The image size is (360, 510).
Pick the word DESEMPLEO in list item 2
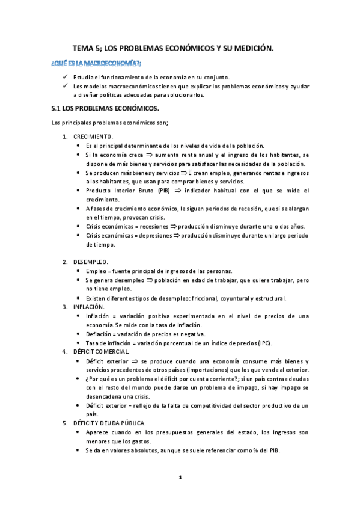91,262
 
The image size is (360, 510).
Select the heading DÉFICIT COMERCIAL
106,351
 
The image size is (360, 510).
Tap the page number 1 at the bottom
180,478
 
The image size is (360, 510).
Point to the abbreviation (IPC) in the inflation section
263,343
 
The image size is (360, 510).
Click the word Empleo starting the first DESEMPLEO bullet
97,271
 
